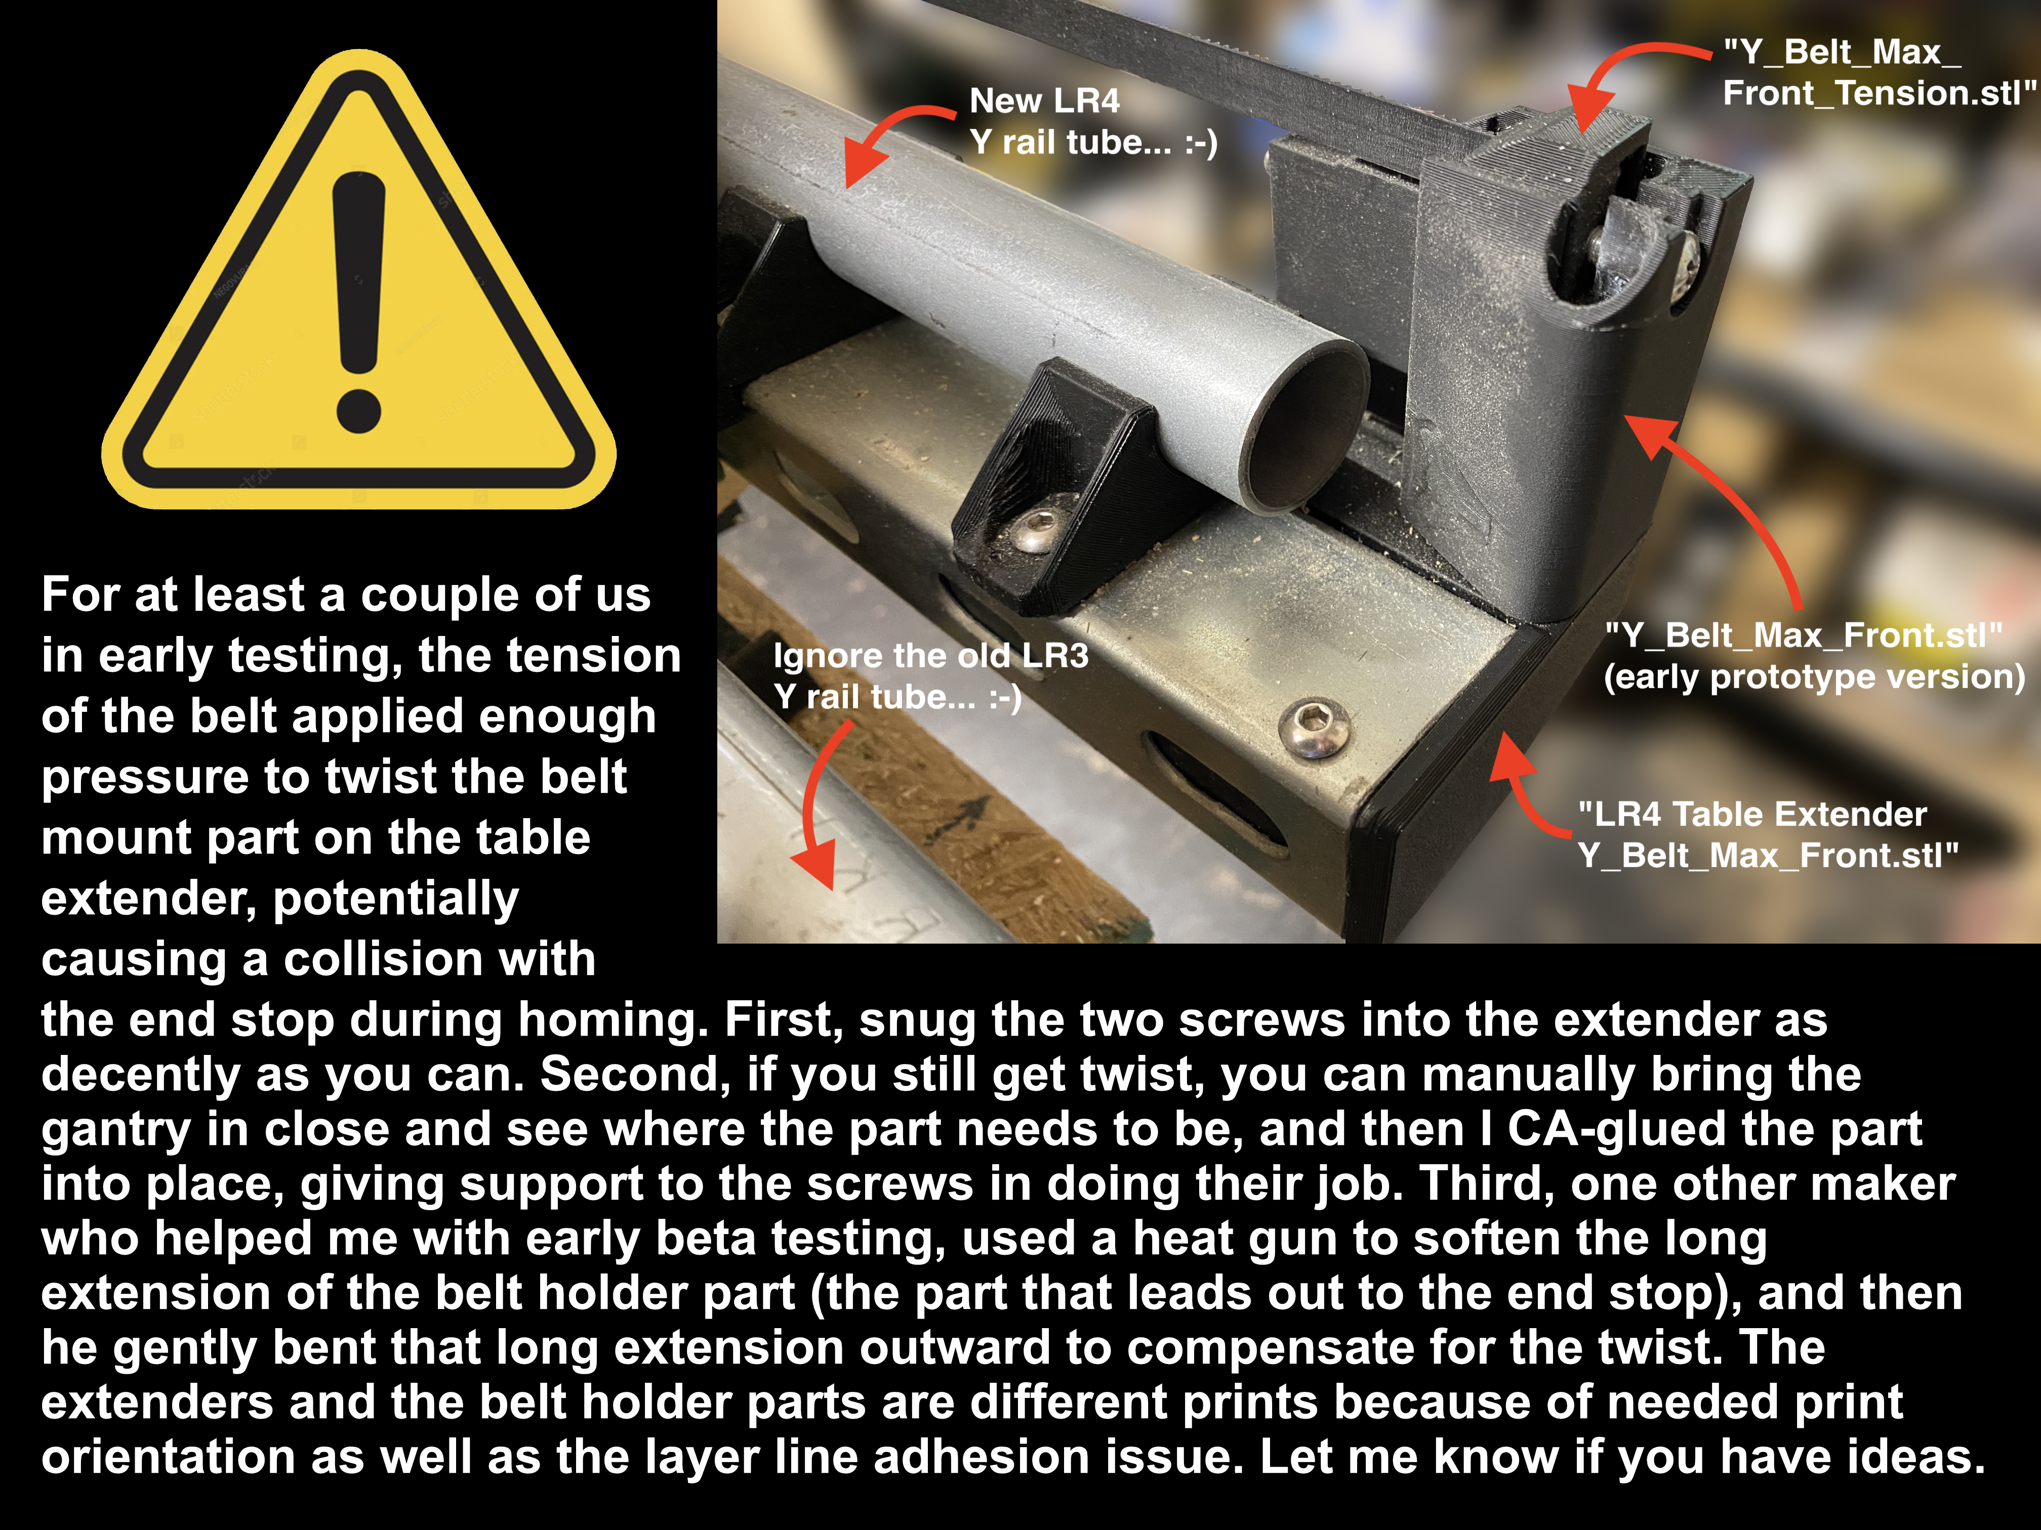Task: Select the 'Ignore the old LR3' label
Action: point(930,656)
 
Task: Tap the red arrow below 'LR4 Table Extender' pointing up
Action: point(1523,784)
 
